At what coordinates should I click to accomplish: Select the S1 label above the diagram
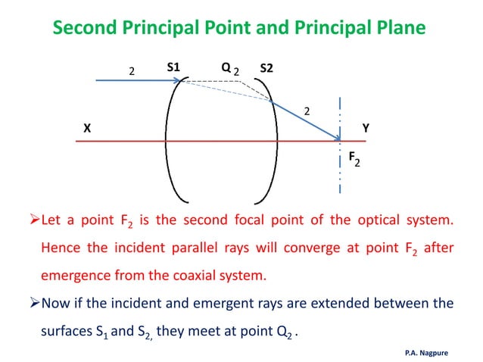click(173, 68)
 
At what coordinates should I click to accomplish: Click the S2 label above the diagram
click(266, 70)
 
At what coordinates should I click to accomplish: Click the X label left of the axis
click(87, 129)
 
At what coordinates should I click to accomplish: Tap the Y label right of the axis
click(366, 129)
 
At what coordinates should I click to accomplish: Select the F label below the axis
click(352, 158)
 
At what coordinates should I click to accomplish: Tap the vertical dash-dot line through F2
click(341, 167)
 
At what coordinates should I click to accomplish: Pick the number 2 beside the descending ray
click(307, 112)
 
